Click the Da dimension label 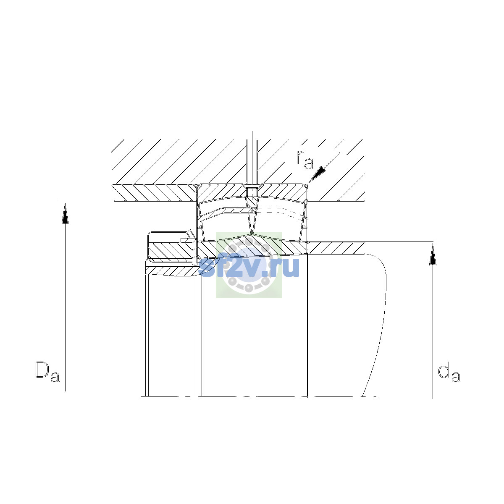(x=47, y=372)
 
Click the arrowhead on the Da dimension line (x=65, y=214)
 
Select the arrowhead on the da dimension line (x=433, y=255)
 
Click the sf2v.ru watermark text (x=249, y=267)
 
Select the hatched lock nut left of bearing (x=171, y=250)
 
